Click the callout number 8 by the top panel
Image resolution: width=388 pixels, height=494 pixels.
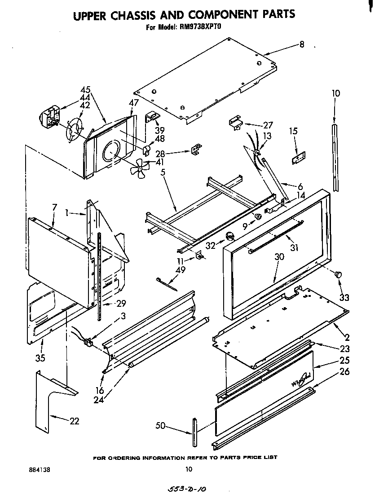[x=301, y=44]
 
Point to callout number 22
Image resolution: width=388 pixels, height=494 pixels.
[x=74, y=421]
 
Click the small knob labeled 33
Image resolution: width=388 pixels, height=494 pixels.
[x=339, y=274]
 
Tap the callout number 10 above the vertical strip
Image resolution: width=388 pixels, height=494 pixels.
[x=335, y=93]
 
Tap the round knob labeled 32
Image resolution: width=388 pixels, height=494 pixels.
[x=230, y=237]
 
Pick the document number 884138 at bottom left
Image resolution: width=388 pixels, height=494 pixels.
[x=40, y=470]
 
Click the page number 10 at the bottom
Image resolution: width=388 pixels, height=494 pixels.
[x=189, y=470]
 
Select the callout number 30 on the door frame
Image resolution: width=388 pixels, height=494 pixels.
[x=279, y=256]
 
